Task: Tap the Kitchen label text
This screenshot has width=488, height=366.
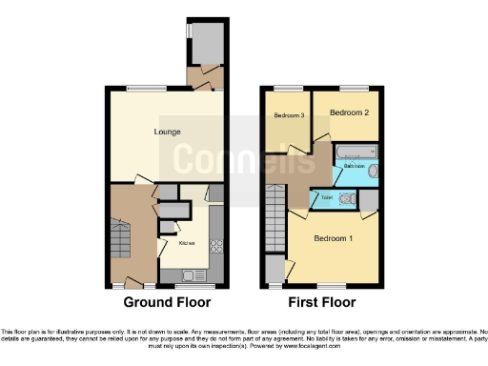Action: point(186,242)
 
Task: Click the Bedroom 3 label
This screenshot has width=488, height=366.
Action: point(289,116)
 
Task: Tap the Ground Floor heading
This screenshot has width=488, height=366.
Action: point(167,302)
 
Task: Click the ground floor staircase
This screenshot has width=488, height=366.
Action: point(119,238)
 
